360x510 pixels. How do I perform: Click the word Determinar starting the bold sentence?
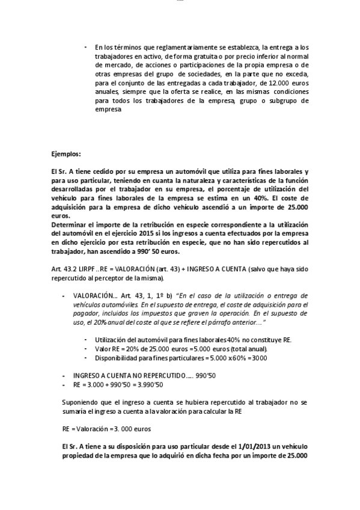click(70, 224)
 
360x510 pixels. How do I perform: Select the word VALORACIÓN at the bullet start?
click(94, 296)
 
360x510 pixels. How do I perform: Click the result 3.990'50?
click(150, 383)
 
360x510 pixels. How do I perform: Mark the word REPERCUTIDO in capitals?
click(155, 375)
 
